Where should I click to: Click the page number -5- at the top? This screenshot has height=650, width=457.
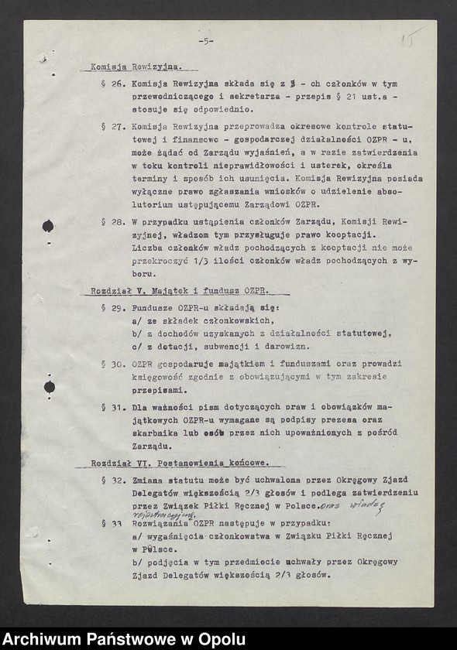click(205, 41)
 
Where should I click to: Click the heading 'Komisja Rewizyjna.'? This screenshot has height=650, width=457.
click(131, 67)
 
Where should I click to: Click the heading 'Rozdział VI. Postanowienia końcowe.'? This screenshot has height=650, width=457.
click(179, 463)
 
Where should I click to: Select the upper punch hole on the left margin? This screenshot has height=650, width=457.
click(48, 226)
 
